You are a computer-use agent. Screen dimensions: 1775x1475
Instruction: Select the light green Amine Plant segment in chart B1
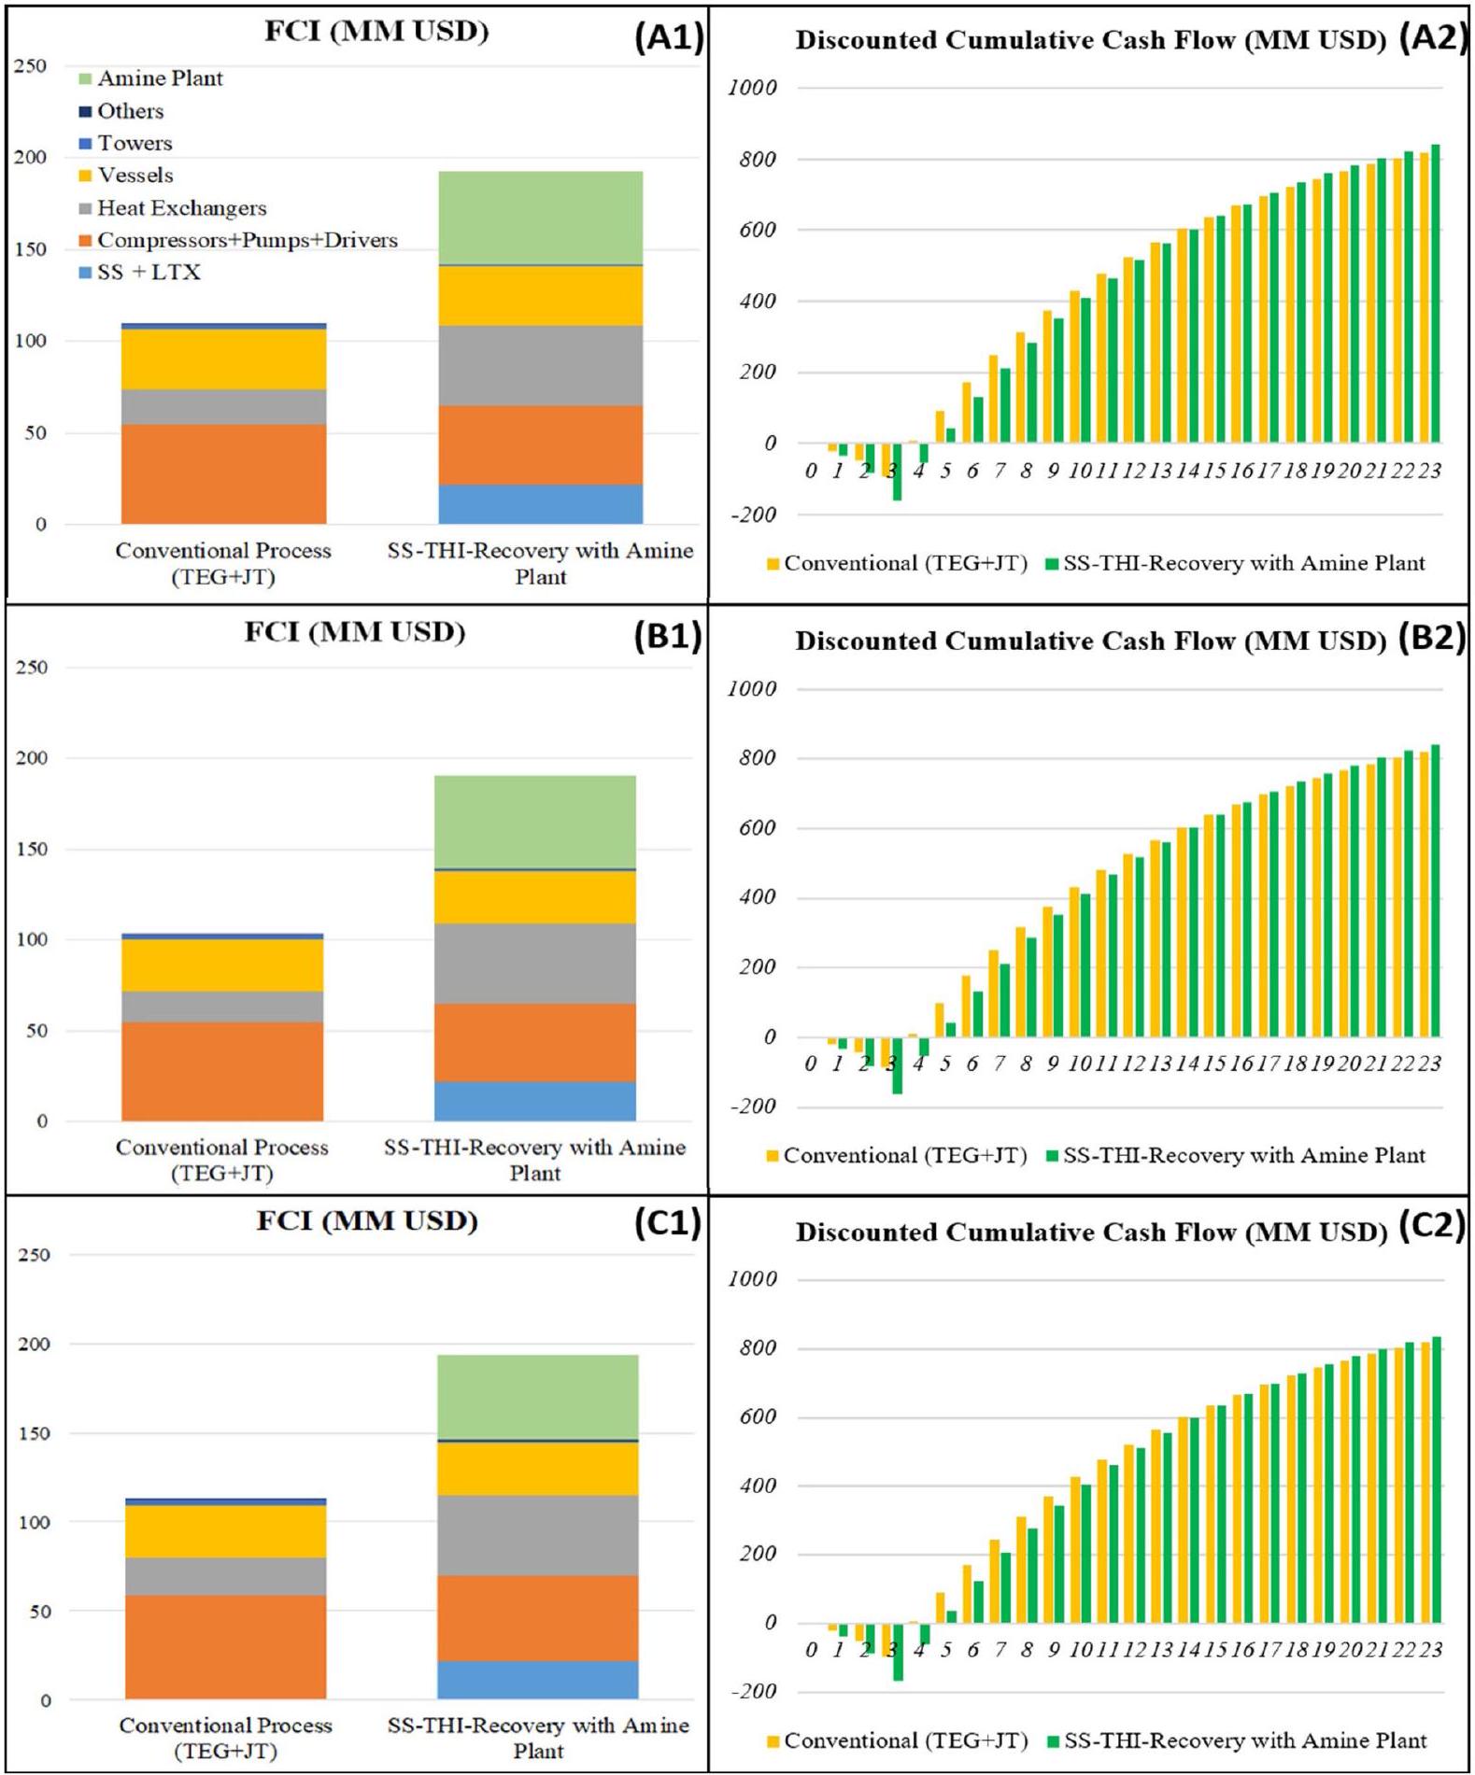pos(535,822)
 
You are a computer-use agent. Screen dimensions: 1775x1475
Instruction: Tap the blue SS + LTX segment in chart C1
pos(538,1680)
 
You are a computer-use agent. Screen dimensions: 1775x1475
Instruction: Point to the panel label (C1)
pos(667,1222)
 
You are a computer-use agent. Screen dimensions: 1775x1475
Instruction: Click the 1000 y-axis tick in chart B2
pos(752,689)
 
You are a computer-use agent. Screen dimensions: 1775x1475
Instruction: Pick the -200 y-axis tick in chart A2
pos(752,514)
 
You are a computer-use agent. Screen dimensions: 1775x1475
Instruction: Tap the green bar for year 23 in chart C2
pos(1436,1480)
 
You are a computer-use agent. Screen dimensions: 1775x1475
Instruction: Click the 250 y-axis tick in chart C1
pos(34,1255)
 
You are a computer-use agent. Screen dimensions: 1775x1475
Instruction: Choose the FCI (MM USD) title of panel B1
pos(355,632)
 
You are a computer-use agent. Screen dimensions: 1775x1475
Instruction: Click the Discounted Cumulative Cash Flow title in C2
pos(1091,1233)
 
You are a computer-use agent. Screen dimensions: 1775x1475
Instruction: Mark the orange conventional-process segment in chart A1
pos(223,474)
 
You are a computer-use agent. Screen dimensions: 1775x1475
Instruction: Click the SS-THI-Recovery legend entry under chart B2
pos(1242,1156)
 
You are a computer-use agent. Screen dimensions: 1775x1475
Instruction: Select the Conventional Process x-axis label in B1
pos(222,1160)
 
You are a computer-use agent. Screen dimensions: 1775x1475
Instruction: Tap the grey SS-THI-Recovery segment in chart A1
pos(541,365)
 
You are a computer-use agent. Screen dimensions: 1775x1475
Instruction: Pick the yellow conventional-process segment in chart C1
pos(225,1531)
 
